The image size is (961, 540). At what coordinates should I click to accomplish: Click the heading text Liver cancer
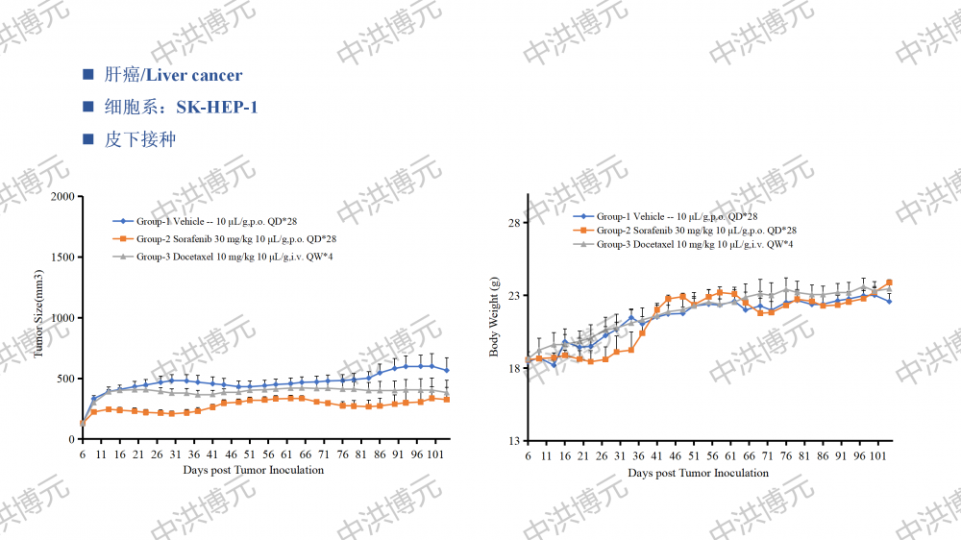coord(193,75)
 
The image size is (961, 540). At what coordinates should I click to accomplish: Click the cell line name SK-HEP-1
coord(216,107)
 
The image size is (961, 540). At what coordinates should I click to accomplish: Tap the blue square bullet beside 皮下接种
coord(88,139)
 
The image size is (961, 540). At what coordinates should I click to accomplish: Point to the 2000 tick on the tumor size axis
coord(61,197)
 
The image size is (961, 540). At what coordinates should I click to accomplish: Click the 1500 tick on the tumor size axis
coord(61,258)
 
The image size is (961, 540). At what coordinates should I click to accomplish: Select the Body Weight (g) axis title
coord(495,316)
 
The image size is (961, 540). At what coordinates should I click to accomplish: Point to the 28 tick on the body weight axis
coord(512,223)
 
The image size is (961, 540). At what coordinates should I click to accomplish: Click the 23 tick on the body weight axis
coord(512,295)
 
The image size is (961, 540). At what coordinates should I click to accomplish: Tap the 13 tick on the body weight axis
coord(512,441)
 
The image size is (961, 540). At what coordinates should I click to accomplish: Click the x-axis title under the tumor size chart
coord(254,471)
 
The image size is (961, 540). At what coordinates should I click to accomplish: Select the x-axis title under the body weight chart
coord(699,473)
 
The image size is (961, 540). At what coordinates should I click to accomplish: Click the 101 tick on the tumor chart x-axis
coord(435,454)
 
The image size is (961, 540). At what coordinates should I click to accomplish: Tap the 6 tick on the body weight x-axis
coord(528,455)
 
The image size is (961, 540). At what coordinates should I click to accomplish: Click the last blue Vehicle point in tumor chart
coord(446,370)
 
